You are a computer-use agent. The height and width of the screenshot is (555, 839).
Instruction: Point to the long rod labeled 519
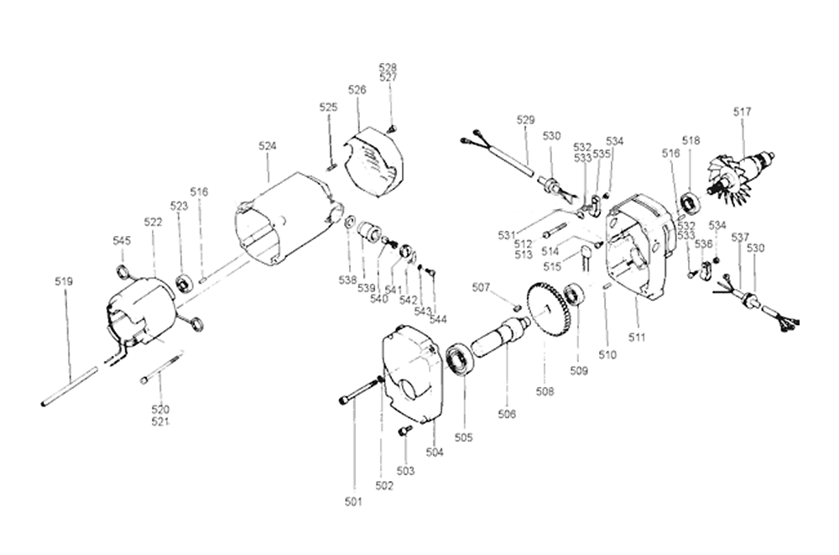[x=70, y=385]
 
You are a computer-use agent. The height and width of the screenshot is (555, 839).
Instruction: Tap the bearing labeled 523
[x=185, y=283]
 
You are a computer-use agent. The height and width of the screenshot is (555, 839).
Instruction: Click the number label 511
[x=637, y=338]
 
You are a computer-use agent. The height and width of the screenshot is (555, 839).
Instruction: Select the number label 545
[x=122, y=241]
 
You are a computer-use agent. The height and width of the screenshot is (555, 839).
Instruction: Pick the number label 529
[x=525, y=120]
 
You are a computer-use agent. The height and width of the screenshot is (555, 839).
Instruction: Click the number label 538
[x=347, y=280]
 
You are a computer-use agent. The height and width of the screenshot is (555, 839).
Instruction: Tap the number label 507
[x=481, y=288]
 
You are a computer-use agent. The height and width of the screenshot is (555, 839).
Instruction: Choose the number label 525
[x=329, y=107]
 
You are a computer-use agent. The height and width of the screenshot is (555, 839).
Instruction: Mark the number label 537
[x=740, y=238]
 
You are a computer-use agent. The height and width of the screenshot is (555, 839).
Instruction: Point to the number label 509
[x=579, y=370]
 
